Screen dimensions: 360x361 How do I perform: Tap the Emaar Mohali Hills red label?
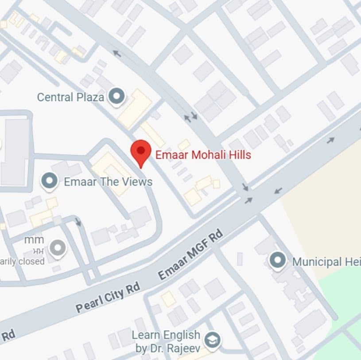point(203,155)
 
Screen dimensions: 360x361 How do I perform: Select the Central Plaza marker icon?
point(117,96)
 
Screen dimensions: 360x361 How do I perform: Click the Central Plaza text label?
point(70,97)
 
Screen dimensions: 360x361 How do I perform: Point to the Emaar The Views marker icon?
point(49,181)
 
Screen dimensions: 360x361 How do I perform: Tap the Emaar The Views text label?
point(108,182)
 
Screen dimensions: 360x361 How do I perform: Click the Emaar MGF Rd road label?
point(190,256)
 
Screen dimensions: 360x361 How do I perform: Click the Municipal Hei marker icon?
point(278,261)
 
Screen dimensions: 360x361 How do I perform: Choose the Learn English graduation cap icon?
point(213,340)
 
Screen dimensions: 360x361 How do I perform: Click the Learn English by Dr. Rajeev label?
point(167,341)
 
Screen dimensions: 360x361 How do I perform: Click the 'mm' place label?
point(34,240)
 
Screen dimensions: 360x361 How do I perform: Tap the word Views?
point(137,182)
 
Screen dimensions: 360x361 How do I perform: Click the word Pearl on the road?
point(89,304)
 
